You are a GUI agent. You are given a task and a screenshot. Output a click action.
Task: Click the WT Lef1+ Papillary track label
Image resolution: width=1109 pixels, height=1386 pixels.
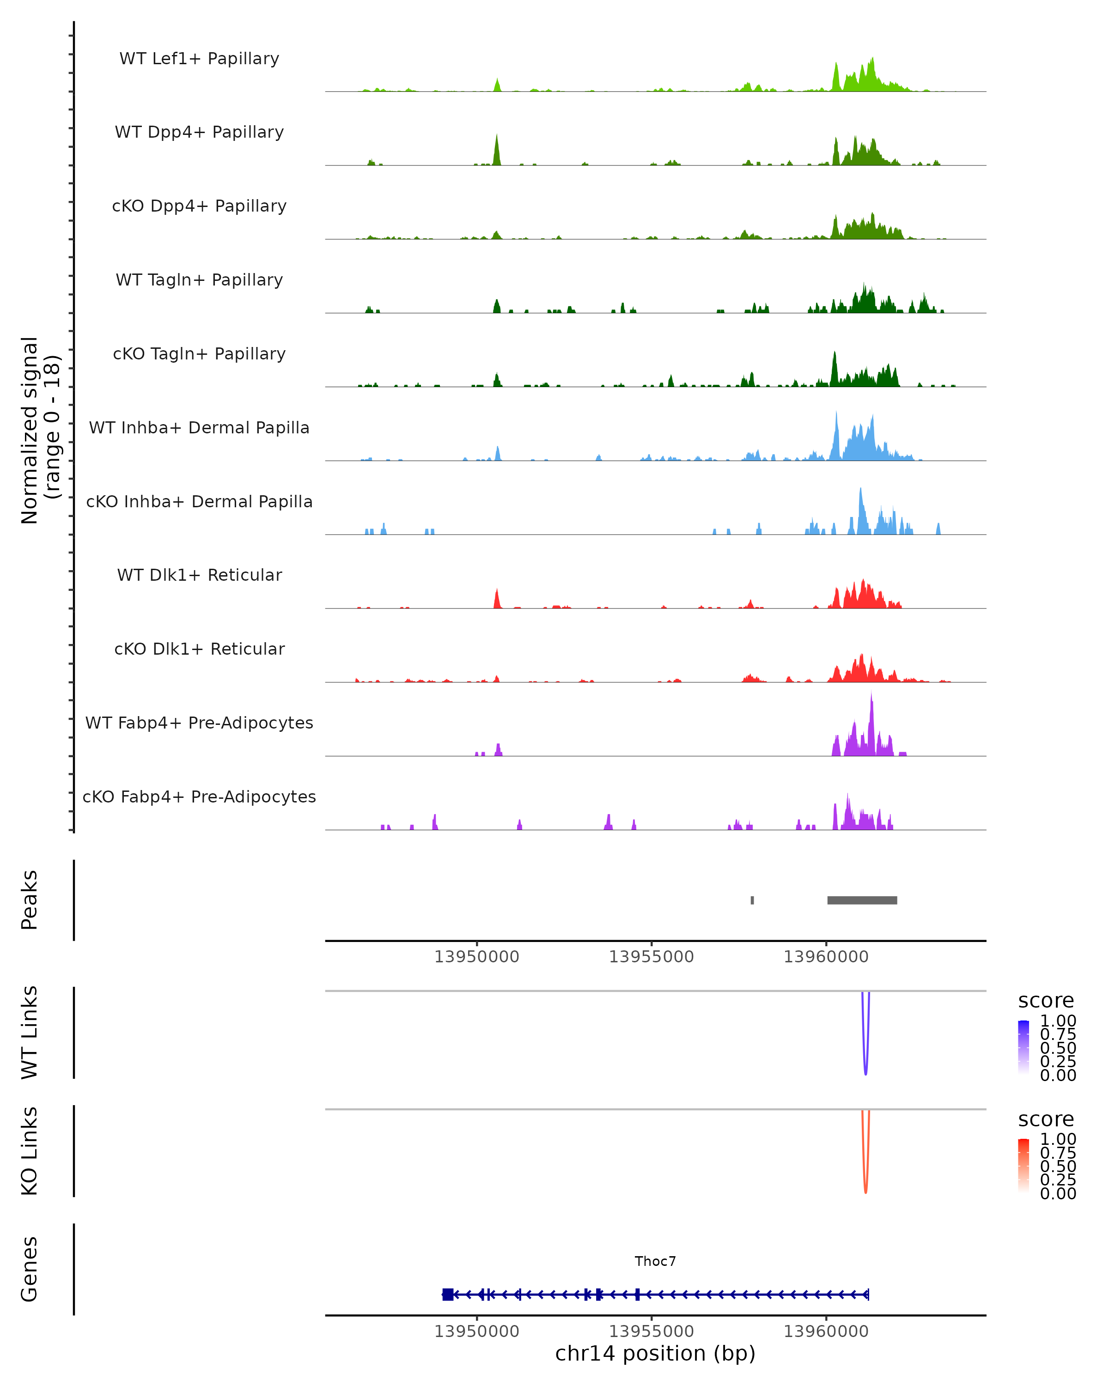coord(199,59)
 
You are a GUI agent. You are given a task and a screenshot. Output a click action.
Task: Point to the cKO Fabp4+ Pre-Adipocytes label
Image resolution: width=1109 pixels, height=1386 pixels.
coord(199,796)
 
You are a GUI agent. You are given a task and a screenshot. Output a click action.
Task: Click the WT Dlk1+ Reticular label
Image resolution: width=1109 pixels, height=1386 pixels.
coord(199,575)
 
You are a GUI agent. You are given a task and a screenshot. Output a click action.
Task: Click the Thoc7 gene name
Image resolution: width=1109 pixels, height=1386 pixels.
coord(655,1261)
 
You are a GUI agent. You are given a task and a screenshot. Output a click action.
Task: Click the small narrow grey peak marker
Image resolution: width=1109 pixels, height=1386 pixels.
coord(752,900)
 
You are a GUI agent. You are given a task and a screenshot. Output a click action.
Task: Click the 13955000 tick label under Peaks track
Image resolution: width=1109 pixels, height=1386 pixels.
coord(651,957)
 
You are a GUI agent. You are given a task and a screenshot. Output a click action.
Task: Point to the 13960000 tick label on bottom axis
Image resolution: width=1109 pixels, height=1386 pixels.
coord(826,1331)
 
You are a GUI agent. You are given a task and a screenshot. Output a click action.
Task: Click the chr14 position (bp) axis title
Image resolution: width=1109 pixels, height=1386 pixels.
coord(655,1354)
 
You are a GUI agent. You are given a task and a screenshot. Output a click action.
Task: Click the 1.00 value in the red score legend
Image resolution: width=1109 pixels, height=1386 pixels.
coord(1058,1139)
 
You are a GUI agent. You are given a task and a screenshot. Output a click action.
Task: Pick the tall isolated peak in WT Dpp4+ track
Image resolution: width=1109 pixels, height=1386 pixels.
coord(497,149)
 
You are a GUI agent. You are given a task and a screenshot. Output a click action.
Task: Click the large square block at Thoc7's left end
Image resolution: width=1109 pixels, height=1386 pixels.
coord(447,1295)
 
